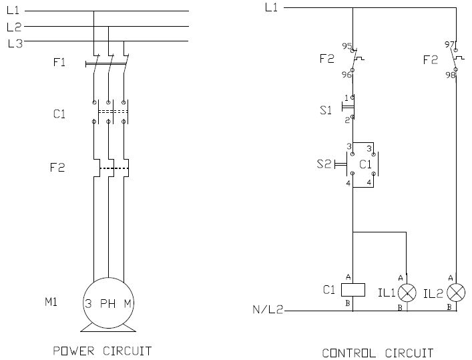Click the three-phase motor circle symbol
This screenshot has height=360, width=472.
(x=108, y=303)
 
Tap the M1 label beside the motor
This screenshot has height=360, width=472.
(x=52, y=302)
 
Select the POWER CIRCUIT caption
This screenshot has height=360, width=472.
(x=102, y=351)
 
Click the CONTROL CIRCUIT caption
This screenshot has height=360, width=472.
(x=378, y=352)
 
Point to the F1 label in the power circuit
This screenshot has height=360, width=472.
(x=59, y=63)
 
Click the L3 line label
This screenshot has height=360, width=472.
(x=15, y=44)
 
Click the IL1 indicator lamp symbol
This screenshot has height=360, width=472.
(x=407, y=292)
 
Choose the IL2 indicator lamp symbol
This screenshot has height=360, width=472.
(x=457, y=292)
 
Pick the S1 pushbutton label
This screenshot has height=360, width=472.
(x=326, y=110)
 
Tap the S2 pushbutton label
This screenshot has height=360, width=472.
(x=323, y=164)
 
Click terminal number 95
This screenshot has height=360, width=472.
(x=346, y=46)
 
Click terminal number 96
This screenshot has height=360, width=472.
(x=346, y=75)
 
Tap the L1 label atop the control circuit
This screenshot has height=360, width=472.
(x=271, y=7)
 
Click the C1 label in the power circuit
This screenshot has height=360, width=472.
(x=59, y=114)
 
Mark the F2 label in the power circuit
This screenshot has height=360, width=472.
(x=59, y=168)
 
